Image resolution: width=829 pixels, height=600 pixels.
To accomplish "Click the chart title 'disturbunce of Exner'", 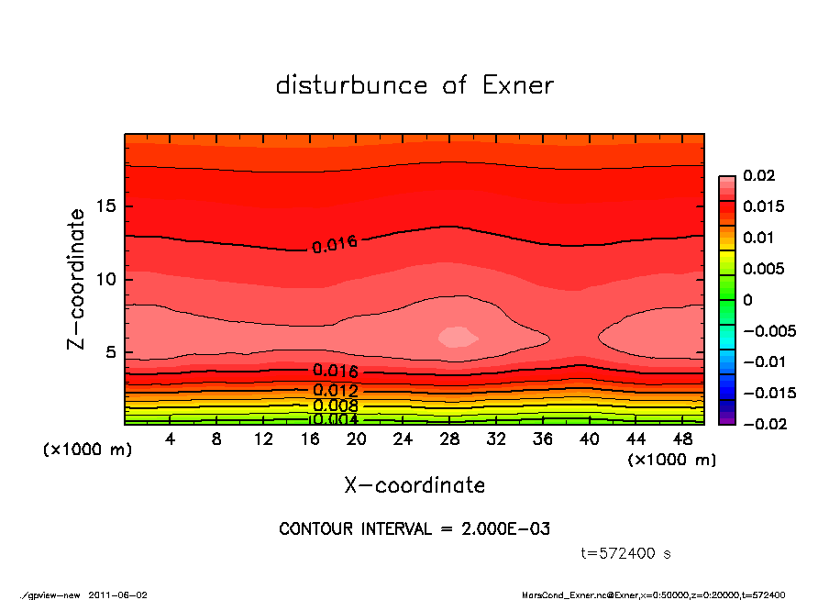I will [414, 85].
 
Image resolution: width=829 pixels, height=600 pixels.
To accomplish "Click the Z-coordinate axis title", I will [77, 278].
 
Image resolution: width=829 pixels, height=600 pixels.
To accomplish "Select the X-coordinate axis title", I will [414, 485].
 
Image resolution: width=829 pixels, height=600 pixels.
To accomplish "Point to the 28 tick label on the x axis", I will [449, 439].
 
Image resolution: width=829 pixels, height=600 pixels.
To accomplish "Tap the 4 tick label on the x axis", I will [171, 439].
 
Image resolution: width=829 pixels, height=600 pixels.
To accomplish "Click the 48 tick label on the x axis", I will [682, 439].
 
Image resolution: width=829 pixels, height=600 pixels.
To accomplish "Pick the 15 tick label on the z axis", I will [106, 206].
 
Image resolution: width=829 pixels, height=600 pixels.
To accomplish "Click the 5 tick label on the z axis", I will [111, 352].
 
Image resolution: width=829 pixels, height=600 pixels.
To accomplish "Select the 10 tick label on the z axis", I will [106, 279].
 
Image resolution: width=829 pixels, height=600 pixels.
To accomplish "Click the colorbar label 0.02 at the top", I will [758, 175].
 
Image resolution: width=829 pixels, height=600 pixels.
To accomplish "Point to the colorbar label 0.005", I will [763, 269].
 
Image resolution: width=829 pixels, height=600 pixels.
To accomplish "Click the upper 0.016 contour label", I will [334, 244].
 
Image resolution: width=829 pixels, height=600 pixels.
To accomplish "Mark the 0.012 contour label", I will [335, 391].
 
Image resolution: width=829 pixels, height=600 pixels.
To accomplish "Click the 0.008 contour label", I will [335, 406].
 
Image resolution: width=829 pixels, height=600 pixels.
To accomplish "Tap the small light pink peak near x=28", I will [458, 337].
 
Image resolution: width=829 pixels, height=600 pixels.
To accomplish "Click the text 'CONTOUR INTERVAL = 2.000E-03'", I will [414, 529].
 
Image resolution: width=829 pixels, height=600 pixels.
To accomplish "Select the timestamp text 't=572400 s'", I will [626, 553].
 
